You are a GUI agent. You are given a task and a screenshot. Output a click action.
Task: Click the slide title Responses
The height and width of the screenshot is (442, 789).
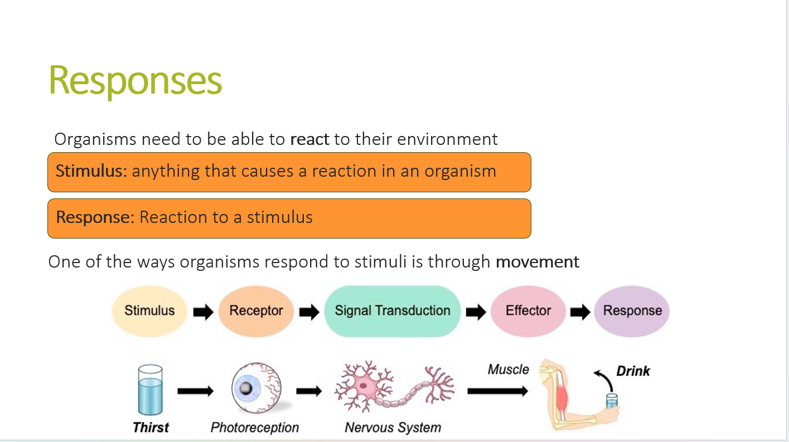pyautogui.click(x=135, y=81)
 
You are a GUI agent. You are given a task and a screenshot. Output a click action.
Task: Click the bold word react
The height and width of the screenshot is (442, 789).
pyautogui.click(x=309, y=139)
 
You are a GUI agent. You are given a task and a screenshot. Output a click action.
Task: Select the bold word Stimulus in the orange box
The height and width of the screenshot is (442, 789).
pyautogui.click(x=89, y=171)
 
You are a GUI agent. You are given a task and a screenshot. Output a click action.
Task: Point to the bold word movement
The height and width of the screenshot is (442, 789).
pyautogui.click(x=538, y=261)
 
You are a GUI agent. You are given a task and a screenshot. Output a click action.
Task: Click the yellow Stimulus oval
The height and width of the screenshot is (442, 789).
pyautogui.click(x=149, y=310)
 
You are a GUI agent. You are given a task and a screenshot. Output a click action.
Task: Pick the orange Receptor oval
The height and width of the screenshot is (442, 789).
pyautogui.click(x=256, y=310)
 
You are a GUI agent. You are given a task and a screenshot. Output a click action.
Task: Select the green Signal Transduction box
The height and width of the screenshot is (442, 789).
pyautogui.click(x=393, y=310)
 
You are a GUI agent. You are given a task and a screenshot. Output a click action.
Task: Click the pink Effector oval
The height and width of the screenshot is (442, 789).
pyautogui.click(x=528, y=310)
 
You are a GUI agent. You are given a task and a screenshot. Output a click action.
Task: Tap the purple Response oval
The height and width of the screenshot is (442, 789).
pyautogui.click(x=632, y=310)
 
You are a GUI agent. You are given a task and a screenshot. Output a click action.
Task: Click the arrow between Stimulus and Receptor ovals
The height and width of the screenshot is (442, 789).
pyautogui.click(x=203, y=312)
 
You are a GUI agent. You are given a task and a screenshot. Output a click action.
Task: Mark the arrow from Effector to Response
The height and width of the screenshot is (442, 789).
pyautogui.click(x=580, y=312)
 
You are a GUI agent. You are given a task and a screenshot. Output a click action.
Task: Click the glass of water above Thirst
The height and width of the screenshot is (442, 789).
pyautogui.click(x=151, y=390)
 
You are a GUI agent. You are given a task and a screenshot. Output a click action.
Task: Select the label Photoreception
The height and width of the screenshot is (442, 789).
pyautogui.click(x=255, y=428)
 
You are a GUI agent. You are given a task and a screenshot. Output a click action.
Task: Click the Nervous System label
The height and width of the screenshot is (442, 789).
pyautogui.click(x=393, y=428)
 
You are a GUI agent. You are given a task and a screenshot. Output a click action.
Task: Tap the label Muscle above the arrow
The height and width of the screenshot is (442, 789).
pyautogui.click(x=508, y=369)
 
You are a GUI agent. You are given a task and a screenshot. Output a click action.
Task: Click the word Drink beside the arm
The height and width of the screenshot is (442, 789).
pyautogui.click(x=633, y=371)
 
